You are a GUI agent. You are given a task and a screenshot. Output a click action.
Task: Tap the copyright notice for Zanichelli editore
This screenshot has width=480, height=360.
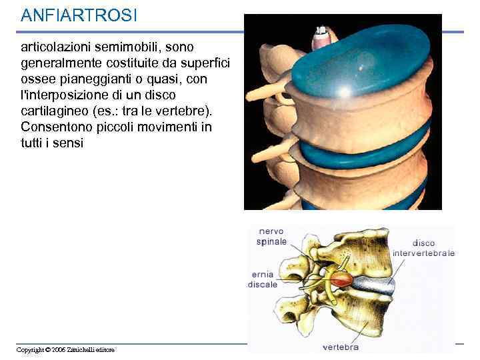[x=65, y=350]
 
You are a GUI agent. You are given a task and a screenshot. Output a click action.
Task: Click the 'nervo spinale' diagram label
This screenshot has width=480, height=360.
[x=271, y=236]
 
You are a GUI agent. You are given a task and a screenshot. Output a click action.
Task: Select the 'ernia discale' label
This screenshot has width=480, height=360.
[x=263, y=279]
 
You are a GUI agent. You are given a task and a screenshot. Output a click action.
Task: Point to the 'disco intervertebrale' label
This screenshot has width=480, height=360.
[x=423, y=248]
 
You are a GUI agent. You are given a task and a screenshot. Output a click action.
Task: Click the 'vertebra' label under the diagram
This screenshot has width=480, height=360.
[x=340, y=347]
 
